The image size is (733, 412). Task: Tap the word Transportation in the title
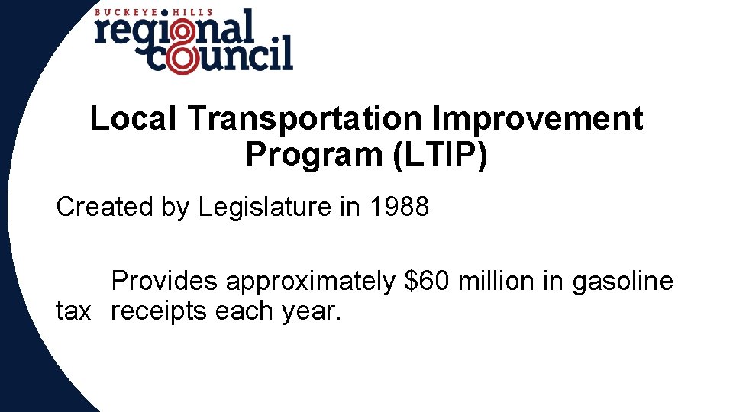pyautogui.click(x=302, y=120)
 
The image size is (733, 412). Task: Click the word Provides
pyautogui.click(x=165, y=282)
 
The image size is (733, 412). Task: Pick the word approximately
pyautogui.click(x=310, y=282)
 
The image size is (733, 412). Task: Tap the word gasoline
pyautogui.click(x=622, y=282)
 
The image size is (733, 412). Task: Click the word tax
pyautogui.click(x=73, y=311)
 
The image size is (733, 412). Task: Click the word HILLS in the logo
pyautogui.click(x=190, y=12)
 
